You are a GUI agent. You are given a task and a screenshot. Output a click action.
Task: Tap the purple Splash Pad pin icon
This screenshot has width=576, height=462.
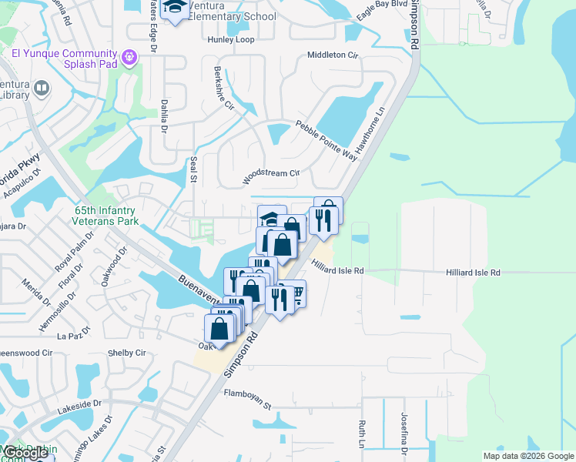[129, 57]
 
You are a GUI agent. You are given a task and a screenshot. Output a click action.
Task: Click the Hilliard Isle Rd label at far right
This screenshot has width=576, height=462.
[473, 273]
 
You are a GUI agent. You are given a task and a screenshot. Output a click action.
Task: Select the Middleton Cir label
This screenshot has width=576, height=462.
[333, 55]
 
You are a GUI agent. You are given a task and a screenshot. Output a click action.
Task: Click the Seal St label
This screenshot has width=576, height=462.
[193, 169]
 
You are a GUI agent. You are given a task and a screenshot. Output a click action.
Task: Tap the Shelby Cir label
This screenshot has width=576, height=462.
[128, 353]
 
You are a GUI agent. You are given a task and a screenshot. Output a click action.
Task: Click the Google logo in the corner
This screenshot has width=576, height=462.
[25, 454]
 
